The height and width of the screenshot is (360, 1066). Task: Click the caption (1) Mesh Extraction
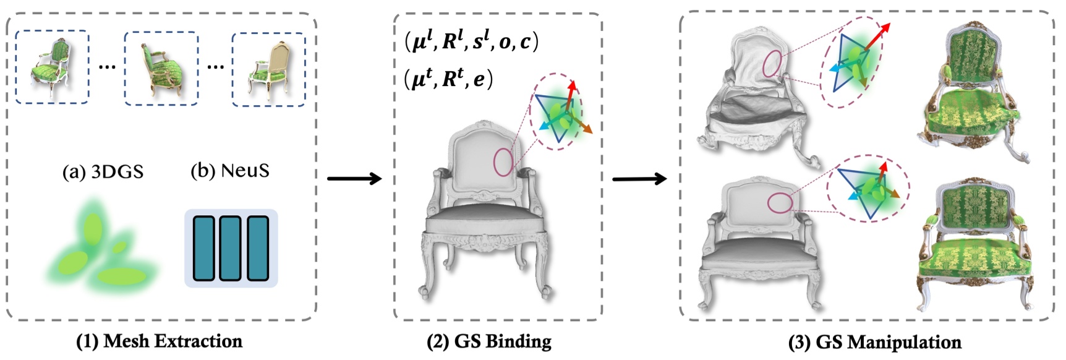(159, 341)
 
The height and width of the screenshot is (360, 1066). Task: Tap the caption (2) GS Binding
(489, 341)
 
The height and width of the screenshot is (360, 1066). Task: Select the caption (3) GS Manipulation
(874, 342)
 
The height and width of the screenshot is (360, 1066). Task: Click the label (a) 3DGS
(103, 171)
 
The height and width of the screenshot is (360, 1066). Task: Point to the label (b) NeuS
(230, 170)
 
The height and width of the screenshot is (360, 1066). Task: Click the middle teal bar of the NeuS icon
(231, 248)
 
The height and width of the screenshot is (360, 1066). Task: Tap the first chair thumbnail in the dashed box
(52, 67)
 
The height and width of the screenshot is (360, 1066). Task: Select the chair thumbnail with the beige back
(268, 69)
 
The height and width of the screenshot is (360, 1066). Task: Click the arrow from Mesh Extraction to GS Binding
(354, 179)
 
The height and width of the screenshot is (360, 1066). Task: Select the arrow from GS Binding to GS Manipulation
(639, 179)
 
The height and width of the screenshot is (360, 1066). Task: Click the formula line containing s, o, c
(471, 41)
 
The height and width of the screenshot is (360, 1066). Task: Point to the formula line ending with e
(448, 79)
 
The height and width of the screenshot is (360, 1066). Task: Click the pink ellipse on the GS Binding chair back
(503, 162)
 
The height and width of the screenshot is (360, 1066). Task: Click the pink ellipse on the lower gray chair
(780, 203)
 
